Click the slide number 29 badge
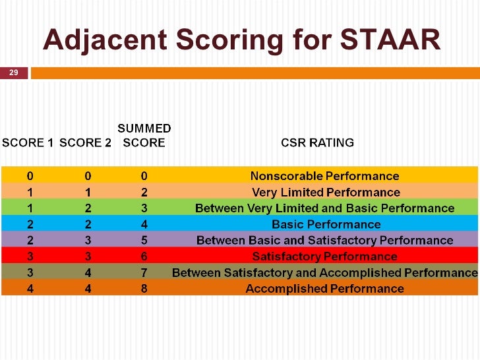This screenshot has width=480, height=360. [14, 73]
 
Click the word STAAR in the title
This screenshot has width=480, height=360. [390, 40]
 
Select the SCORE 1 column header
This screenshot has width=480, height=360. [28, 142]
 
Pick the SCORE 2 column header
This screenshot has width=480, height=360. [85, 142]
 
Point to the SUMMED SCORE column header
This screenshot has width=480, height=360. [144, 135]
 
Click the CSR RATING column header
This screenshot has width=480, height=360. [317, 142]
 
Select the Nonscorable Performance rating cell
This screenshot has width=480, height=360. [325, 176]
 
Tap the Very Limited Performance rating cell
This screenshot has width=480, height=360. [326, 193]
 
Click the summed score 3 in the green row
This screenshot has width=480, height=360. [144, 208]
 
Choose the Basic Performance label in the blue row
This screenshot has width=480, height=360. [326, 224]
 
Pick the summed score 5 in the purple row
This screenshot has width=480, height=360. [144, 240]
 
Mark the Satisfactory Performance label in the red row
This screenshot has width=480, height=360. [325, 256]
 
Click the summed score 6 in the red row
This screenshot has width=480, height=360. [144, 256]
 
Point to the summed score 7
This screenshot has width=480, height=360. [144, 272]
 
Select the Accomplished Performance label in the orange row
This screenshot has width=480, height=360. [325, 289]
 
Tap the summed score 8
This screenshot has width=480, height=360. [144, 289]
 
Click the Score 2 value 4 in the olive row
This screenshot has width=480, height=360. [88, 272]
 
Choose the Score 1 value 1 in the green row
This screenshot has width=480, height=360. [30, 208]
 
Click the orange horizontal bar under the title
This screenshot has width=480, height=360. [255, 73]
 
